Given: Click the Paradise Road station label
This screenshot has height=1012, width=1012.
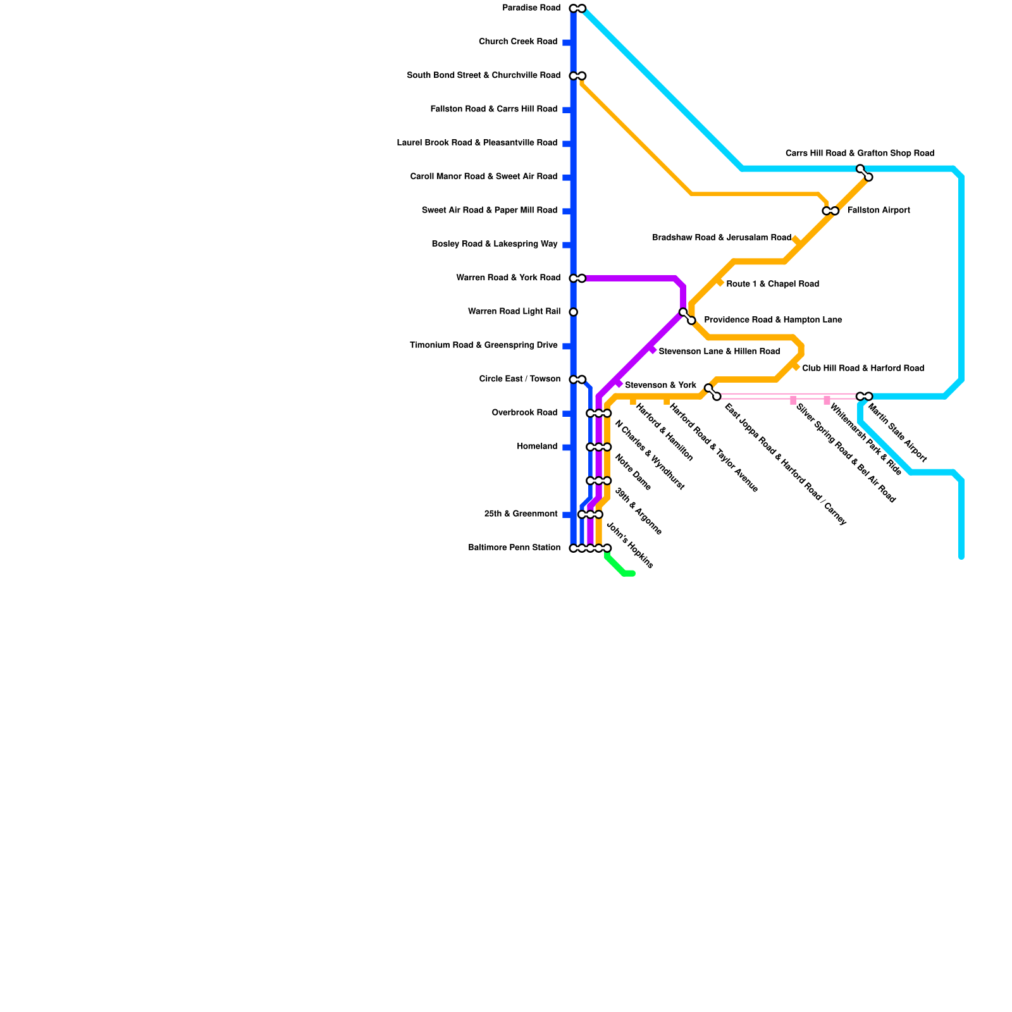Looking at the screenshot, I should [531, 8].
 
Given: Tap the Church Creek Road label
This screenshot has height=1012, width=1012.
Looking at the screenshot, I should [517, 42].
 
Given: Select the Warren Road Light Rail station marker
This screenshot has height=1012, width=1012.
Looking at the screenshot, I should [573, 312].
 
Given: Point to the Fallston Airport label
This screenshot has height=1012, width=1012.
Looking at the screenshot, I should [878, 211].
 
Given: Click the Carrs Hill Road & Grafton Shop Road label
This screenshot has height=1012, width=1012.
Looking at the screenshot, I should [860, 154].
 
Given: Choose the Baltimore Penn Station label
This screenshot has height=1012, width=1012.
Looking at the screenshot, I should [514, 548].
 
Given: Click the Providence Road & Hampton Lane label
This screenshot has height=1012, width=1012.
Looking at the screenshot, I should [773, 320].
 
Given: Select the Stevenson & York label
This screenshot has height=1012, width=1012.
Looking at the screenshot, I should [660, 385].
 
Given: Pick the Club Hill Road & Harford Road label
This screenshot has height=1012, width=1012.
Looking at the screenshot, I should [863, 368].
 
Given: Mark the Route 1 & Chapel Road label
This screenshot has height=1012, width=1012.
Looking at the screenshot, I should [772, 284].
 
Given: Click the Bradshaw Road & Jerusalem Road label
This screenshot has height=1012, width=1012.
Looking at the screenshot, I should [722, 238].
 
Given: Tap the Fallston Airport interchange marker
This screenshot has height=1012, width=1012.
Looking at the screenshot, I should [830, 211].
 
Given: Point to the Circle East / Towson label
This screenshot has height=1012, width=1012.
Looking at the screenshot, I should [519, 379].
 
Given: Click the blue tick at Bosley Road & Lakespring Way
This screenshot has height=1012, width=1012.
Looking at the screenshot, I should [567, 245].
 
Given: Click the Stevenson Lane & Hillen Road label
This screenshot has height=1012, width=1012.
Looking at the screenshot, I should [719, 351].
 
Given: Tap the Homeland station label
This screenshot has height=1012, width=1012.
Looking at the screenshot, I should [537, 447].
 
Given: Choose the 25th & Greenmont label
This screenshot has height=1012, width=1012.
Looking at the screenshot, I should [521, 514].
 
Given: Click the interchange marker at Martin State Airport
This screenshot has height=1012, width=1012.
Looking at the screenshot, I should [864, 397].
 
